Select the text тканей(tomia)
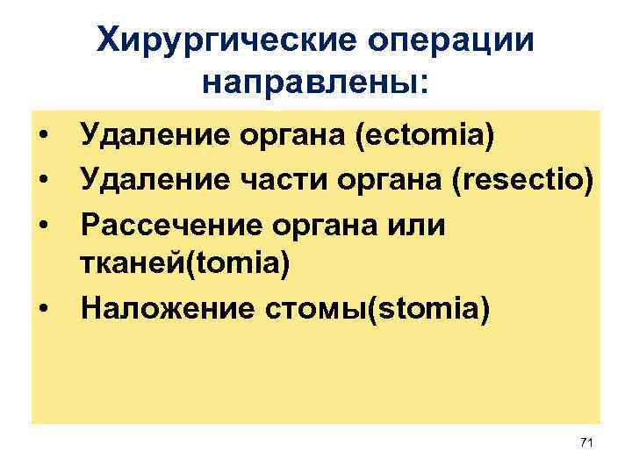pyautogui.click(x=184, y=264)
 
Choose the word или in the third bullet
pyautogui.click(x=421, y=225)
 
